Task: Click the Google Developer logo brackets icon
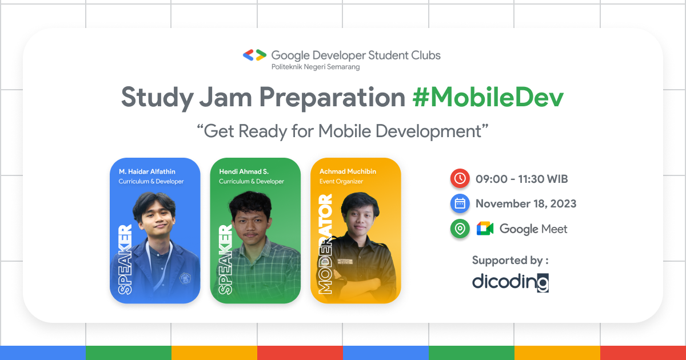(x=254, y=55)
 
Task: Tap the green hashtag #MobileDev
(x=488, y=98)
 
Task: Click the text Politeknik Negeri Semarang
(x=315, y=67)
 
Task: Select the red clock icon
(x=459, y=179)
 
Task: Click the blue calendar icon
(x=459, y=203)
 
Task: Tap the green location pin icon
(x=459, y=229)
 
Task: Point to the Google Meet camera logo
(x=485, y=229)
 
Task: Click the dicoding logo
(x=510, y=282)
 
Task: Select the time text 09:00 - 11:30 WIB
(x=521, y=179)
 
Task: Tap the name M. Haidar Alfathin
(x=147, y=171)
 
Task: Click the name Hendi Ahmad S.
(x=244, y=171)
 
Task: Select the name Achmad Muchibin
(x=348, y=171)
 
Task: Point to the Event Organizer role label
(x=341, y=182)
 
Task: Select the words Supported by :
(x=510, y=261)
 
